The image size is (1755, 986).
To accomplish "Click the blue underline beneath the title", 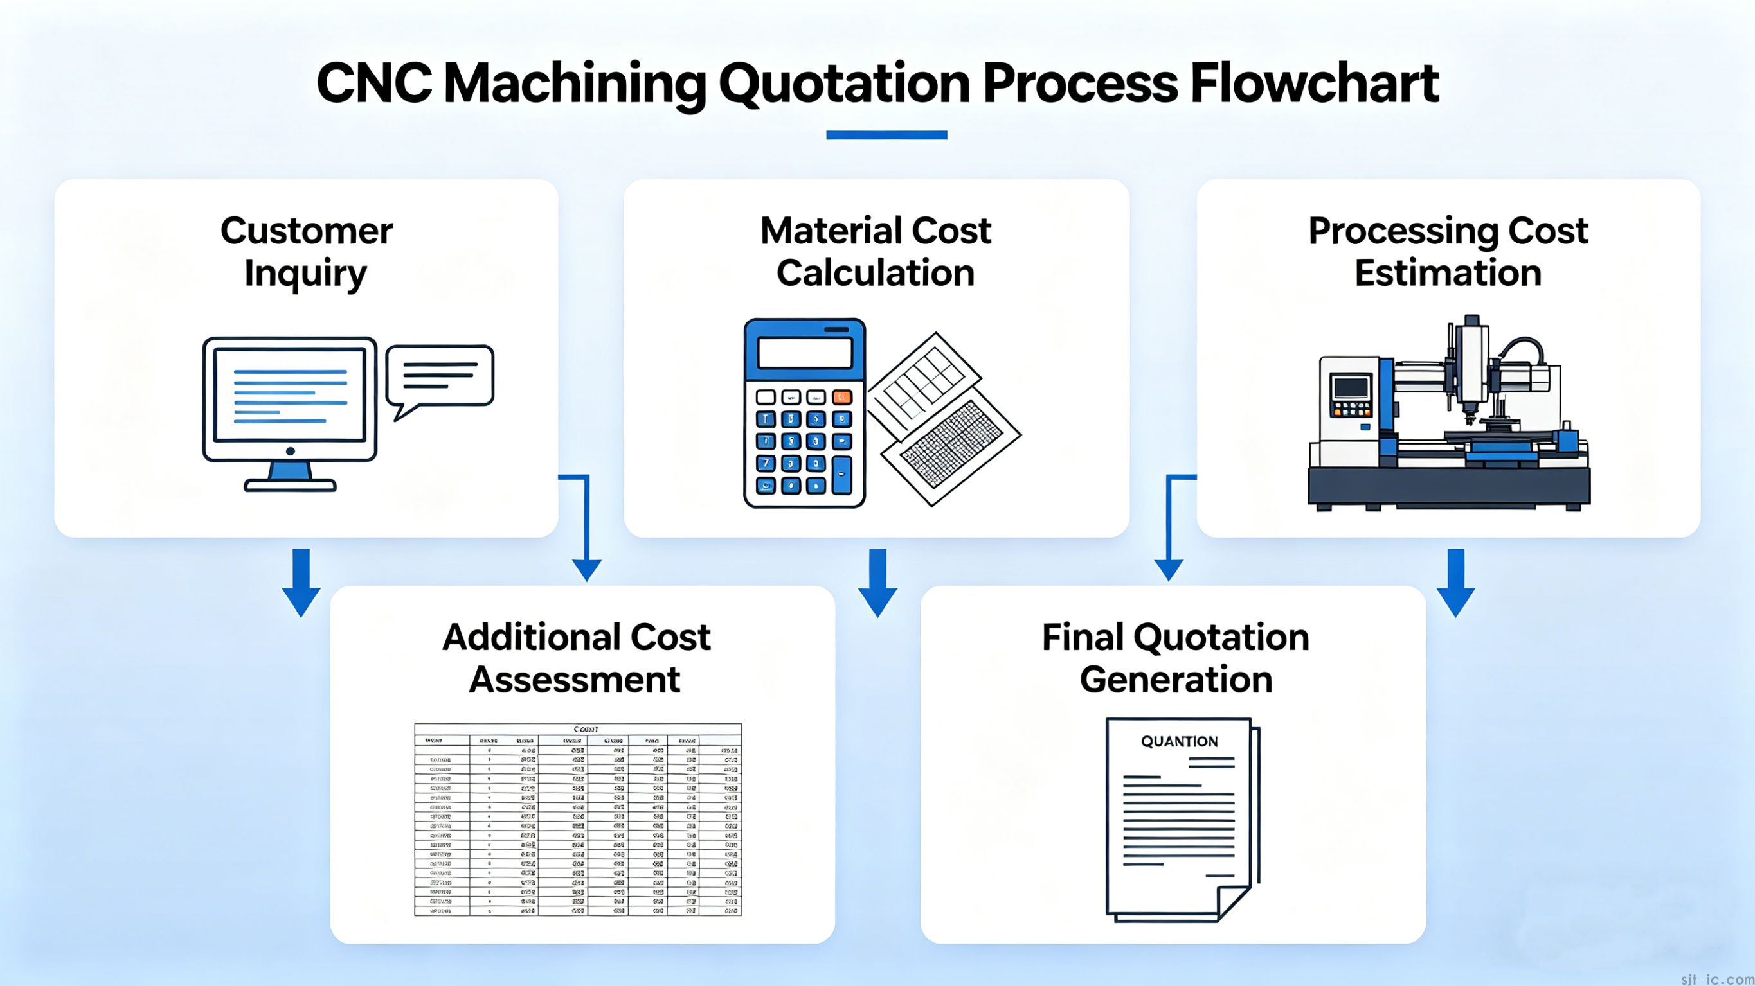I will point(887,135).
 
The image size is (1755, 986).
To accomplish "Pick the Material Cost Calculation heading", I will point(876,252).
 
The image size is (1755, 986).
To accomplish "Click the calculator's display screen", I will point(805,353).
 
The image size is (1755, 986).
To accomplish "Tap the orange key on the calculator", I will point(842,397).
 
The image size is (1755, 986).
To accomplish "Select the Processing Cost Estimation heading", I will point(1448,252).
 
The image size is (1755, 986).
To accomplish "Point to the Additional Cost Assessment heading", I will point(576,658).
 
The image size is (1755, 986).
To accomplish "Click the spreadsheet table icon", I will point(578,820).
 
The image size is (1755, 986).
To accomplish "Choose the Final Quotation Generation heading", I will point(1175,658).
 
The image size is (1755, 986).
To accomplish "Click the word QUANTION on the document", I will point(1179,741).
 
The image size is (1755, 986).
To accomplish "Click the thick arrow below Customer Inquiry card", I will point(301,583).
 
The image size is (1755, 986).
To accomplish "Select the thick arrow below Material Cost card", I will point(878,583).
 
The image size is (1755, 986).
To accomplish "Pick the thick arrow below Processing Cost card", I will point(1456,583).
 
